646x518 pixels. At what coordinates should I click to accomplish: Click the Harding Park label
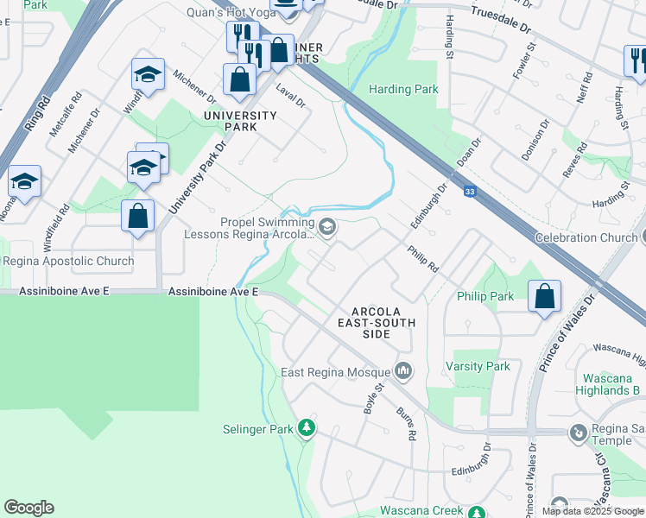403,89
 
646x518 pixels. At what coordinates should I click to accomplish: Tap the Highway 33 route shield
468,192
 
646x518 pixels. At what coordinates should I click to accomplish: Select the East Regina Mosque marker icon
403,371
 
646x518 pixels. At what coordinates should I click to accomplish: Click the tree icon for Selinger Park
306,427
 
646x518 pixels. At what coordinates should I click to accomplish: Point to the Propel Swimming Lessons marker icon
327,227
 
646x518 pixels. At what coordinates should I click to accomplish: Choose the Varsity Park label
477,366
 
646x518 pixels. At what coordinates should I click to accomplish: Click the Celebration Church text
586,237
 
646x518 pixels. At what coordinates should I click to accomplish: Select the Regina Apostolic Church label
69,261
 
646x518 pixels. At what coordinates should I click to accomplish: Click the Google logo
28,508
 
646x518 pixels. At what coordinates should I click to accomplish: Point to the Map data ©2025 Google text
592,511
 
